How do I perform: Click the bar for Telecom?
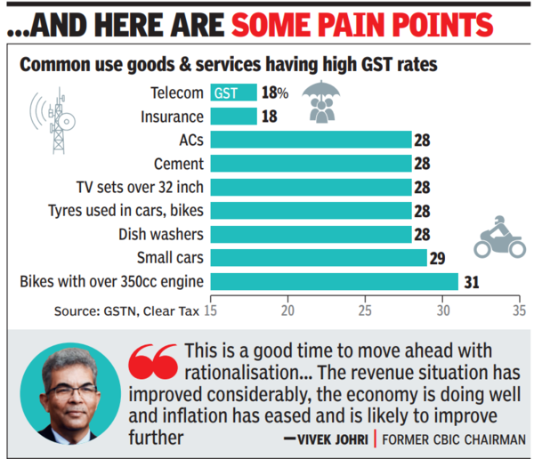point(233,93)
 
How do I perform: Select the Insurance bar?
point(233,116)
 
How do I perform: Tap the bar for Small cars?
point(319,258)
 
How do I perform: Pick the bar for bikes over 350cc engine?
point(334,282)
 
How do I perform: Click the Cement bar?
point(311,164)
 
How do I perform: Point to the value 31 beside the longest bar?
point(471,283)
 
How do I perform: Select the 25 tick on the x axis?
point(364,311)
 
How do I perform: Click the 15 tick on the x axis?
point(211,311)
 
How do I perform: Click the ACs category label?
point(191,140)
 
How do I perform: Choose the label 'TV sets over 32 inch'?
point(141,188)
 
